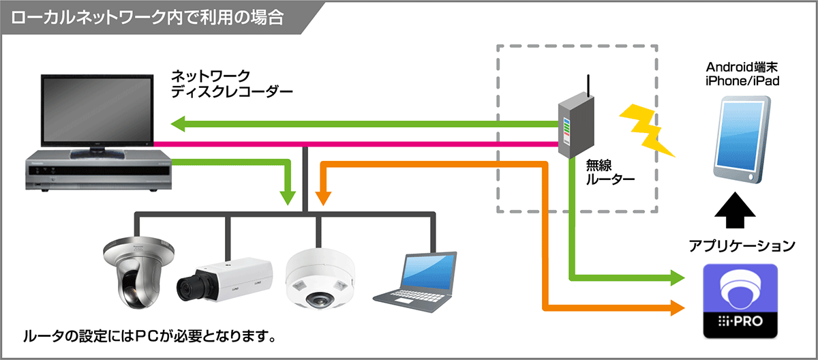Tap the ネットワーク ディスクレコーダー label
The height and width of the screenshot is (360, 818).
point(222,82)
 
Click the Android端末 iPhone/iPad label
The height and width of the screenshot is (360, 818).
point(742,74)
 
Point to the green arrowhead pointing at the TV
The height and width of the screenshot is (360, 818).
point(179,124)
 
